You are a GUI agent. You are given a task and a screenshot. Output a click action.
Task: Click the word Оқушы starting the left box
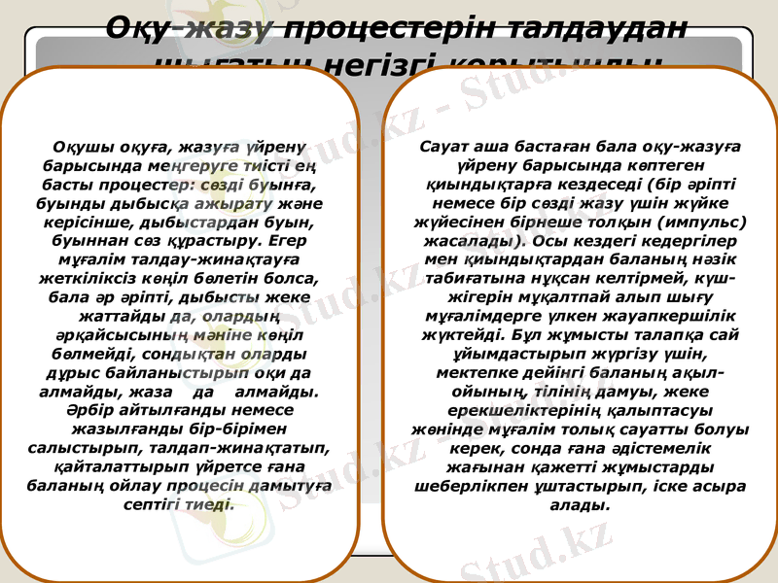pyautogui.click(x=87, y=148)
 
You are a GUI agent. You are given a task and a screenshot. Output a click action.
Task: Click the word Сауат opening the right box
pyautogui.click(x=444, y=146)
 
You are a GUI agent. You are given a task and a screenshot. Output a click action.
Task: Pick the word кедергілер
pyautogui.click(x=680, y=240)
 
